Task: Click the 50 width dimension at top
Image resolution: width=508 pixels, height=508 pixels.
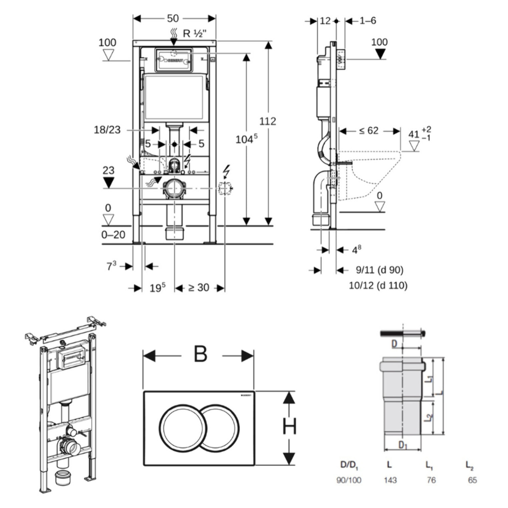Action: coord(173,18)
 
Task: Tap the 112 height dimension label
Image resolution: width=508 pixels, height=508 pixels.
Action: coord(267,121)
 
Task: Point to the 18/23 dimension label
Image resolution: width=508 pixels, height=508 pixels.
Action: coord(107,129)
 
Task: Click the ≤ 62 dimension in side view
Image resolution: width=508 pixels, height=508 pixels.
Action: coord(369,131)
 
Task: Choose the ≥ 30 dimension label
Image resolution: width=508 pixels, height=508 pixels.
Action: coord(199,287)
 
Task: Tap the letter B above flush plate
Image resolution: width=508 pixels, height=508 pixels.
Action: coord(200,354)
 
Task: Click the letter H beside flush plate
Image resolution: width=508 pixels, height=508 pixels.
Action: coord(289,426)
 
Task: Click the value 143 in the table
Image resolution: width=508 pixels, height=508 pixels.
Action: coord(390,480)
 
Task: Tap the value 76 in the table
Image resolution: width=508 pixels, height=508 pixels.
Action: coord(431,480)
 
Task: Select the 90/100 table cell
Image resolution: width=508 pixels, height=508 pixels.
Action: coord(349,480)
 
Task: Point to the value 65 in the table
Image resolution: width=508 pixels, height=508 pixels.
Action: coord(472,480)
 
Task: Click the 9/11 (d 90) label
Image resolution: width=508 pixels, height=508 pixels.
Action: coord(380,270)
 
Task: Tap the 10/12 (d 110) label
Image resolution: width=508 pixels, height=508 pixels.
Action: coord(378,285)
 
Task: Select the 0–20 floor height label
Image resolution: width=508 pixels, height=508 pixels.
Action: coord(113,235)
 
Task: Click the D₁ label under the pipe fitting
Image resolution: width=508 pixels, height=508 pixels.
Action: coord(403,445)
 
